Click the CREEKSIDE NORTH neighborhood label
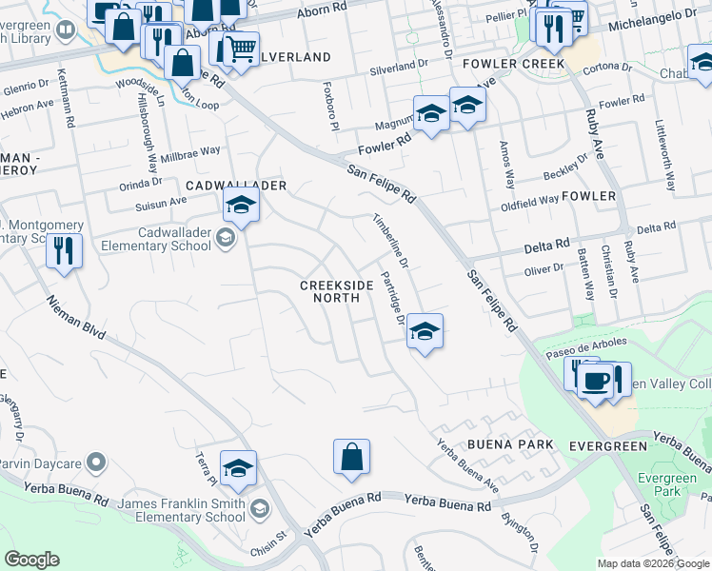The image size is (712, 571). point(330,291)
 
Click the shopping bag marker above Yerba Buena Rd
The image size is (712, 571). point(351,457)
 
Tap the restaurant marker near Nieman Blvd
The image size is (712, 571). point(65,252)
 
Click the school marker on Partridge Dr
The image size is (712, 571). point(425,332)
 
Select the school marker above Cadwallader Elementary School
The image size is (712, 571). point(242,206)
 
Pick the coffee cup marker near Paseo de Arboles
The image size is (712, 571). point(596,383)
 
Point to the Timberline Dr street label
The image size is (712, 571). point(390,240)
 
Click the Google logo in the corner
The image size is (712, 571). point(31,560)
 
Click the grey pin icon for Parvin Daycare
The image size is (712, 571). point(94,463)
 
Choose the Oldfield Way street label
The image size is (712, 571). point(529,202)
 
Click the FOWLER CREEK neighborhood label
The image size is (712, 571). point(513,64)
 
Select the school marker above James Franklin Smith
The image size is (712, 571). point(238,469)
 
